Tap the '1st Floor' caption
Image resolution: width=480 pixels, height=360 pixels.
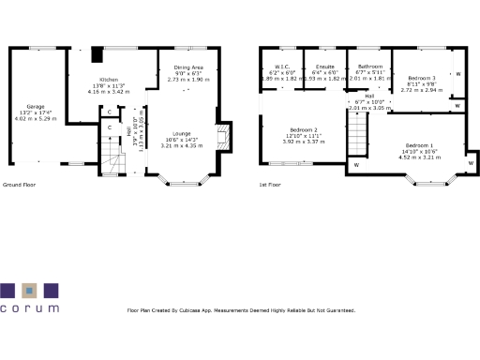pos(270,185)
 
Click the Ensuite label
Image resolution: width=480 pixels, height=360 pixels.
pos(325,67)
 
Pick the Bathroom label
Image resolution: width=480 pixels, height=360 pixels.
pos(369,67)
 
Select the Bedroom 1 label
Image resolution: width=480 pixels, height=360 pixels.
pos(419,145)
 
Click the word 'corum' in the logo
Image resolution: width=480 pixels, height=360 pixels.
pos(29,307)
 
